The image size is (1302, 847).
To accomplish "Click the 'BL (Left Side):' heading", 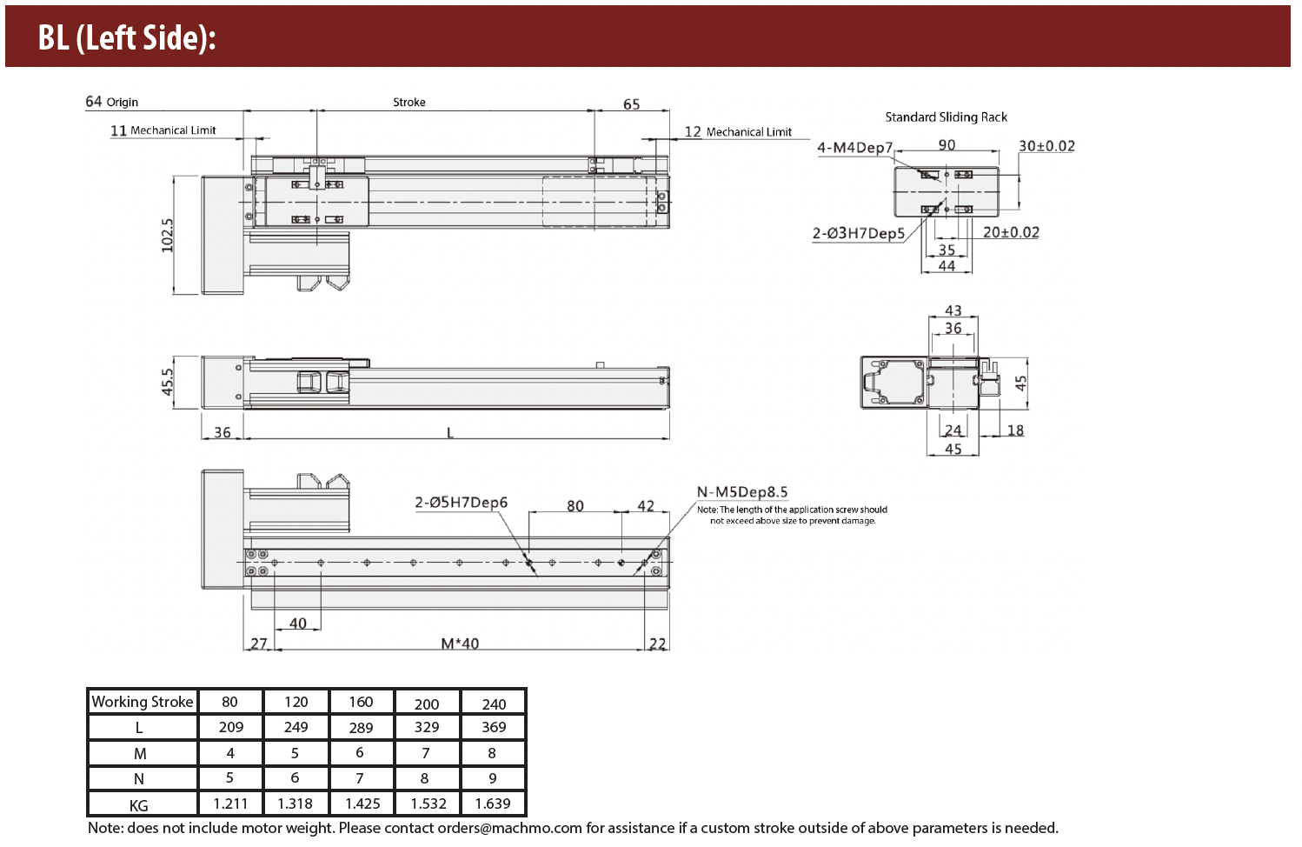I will (x=127, y=37).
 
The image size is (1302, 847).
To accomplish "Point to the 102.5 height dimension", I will (x=168, y=235).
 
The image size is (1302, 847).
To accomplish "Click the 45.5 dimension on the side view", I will (x=168, y=382).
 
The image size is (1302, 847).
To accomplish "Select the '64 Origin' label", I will (x=111, y=102).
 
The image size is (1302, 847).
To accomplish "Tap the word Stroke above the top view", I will (x=409, y=102).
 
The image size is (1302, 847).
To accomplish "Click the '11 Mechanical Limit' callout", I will (x=163, y=130).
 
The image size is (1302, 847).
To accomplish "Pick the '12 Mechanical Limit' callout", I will (x=738, y=132).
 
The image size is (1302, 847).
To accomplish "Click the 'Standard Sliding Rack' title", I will (x=946, y=117).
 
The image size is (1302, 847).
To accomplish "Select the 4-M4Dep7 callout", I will (x=854, y=147).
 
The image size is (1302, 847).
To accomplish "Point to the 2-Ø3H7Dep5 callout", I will (x=858, y=233).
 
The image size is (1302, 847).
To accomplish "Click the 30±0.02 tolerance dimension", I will (x=1046, y=146).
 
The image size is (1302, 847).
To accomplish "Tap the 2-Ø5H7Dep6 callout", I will (x=461, y=502).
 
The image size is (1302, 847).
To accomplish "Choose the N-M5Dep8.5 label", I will (x=742, y=492).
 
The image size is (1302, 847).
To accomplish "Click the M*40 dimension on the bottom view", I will (x=460, y=644).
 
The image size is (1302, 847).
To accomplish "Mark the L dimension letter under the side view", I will (x=449, y=432).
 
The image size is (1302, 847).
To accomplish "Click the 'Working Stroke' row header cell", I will (x=143, y=702).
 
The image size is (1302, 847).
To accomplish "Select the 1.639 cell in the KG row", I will (x=493, y=804).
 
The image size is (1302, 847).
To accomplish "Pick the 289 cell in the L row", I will (x=361, y=728).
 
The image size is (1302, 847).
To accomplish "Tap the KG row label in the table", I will (x=139, y=805).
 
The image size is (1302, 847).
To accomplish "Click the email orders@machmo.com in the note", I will (x=509, y=828).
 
